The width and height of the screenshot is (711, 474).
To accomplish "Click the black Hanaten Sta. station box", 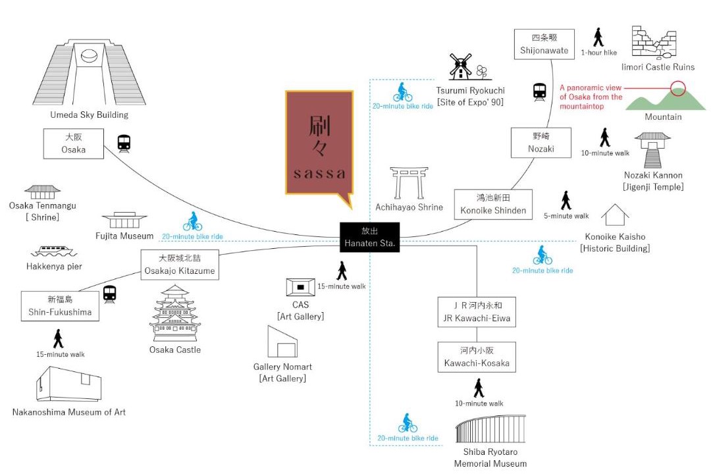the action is click(369, 237).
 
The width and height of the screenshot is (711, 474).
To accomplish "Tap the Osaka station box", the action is click(74, 144).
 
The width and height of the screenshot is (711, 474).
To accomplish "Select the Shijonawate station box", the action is click(544, 44).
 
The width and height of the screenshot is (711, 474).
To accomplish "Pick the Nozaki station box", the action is click(541, 142).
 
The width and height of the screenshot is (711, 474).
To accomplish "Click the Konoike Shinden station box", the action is click(493, 204).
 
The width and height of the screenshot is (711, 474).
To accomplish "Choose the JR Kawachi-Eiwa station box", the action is click(477, 312).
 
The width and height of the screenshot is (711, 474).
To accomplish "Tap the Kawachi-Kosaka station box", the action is click(477, 357).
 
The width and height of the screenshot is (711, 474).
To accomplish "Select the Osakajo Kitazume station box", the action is click(180, 265).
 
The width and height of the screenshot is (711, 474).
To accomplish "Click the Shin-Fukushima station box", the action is click(60, 305).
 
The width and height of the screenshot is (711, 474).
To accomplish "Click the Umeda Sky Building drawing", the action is click(89, 72).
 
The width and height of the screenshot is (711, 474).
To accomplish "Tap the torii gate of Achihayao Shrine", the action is click(409, 183).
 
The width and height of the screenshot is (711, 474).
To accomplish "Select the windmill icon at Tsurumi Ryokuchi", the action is click(460, 66).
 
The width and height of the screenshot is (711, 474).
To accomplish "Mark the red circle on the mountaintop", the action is click(678, 88).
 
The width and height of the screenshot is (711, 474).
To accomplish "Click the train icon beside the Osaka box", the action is click(124, 144).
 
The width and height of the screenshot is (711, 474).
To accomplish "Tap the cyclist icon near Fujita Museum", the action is click(193, 221).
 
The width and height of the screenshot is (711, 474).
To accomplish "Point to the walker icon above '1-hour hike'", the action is click(598, 37).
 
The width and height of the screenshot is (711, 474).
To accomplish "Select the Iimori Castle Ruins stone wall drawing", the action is click(654, 43).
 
